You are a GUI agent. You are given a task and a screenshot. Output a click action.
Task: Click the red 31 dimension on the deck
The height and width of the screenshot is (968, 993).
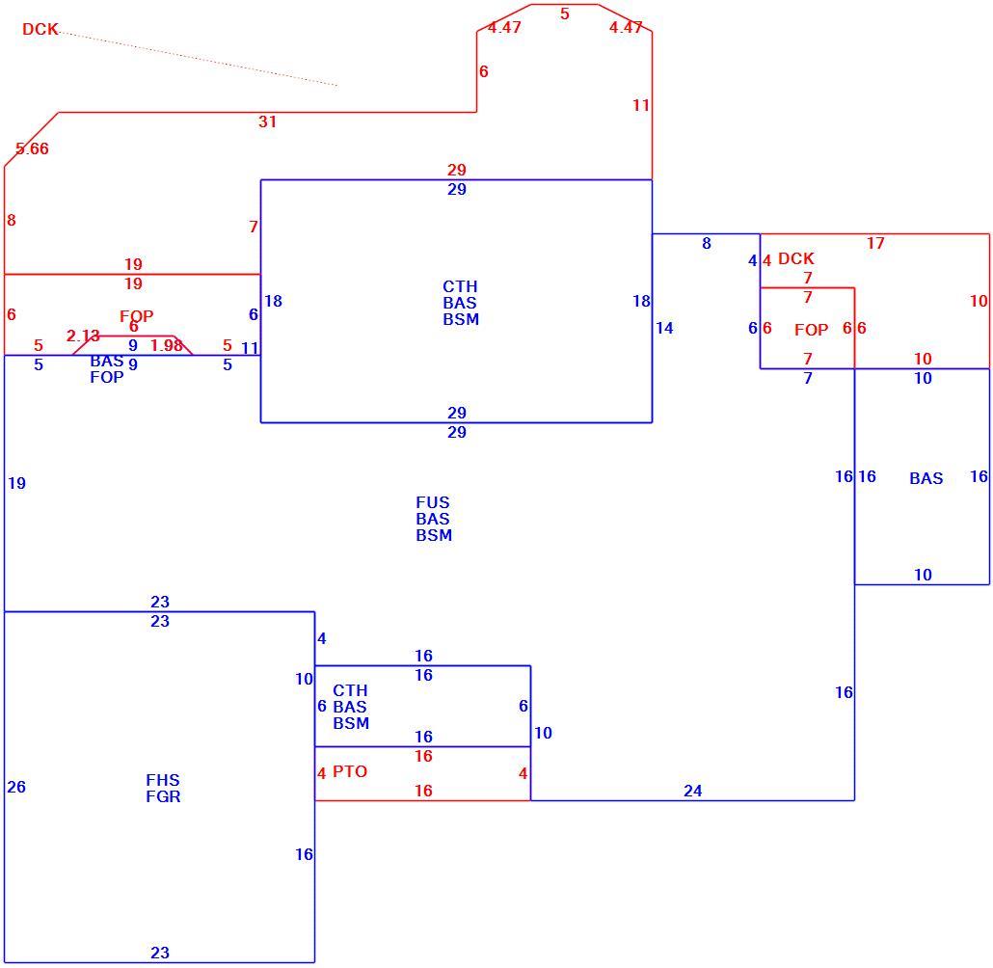[267, 121]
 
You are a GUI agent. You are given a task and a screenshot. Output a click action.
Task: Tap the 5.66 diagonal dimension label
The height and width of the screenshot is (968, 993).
[33, 148]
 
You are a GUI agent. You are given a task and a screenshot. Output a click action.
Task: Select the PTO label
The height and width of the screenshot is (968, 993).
[350, 771]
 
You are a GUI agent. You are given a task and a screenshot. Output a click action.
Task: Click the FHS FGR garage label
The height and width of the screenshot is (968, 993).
[163, 788]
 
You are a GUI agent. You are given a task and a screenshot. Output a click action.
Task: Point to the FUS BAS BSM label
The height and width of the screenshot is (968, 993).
[434, 519]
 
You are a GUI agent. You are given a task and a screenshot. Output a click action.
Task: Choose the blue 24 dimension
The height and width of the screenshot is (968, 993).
[693, 791]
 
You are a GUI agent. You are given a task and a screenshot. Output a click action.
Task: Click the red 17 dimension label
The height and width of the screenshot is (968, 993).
[875, 243]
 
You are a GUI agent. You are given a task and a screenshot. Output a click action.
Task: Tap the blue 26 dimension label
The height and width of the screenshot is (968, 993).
[16, 787]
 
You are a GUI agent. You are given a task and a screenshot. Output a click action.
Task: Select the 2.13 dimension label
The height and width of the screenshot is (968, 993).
[83, 336]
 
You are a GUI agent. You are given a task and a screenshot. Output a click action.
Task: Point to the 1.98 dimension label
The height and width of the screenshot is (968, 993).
[167, 345]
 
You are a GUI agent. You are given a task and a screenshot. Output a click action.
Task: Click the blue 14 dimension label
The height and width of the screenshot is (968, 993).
[664, 328]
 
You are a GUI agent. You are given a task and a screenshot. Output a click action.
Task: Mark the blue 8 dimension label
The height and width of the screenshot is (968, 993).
[707, 243]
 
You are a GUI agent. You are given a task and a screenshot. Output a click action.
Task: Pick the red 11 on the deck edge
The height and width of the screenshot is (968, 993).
[641, 105]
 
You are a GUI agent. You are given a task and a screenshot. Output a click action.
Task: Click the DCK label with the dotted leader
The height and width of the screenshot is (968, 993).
[40, 29]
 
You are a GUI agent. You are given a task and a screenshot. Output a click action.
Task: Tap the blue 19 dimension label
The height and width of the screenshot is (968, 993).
[17, 483]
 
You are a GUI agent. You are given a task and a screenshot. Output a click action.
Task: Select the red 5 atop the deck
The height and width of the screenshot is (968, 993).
[565, 13]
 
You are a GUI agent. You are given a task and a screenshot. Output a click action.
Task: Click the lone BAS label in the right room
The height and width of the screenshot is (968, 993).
[926, 478]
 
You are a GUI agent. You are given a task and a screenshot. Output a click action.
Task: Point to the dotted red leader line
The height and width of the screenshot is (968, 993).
[199, 58]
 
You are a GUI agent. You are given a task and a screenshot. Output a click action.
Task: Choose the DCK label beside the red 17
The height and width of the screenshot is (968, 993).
[796, 258]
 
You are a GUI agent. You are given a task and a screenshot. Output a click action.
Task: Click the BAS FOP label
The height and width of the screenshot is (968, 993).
[107, 368]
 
